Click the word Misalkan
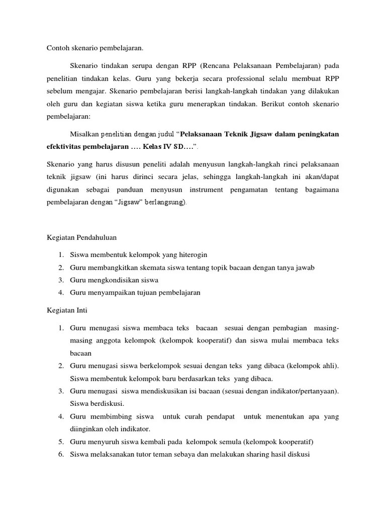click(x=84, y=134)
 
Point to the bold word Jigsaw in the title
click(x=260, y=134)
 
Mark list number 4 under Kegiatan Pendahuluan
click(x=60, y=293)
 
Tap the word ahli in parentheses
click(x=328, y=366)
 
